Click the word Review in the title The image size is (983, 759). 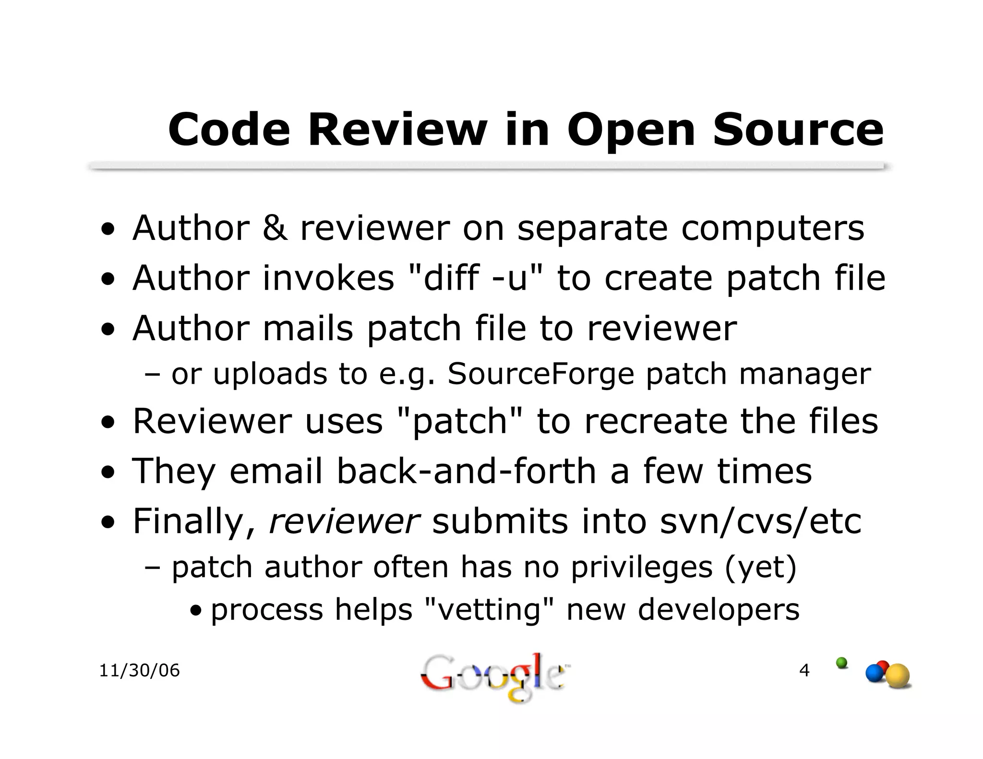397,130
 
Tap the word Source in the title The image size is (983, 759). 798,130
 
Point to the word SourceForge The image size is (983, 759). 541,374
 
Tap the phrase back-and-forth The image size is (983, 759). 467,471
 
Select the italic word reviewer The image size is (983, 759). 344,521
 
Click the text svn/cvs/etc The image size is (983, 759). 761,521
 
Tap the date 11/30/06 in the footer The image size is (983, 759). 139,670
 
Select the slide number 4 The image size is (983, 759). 804,670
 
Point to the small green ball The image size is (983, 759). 841,663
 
